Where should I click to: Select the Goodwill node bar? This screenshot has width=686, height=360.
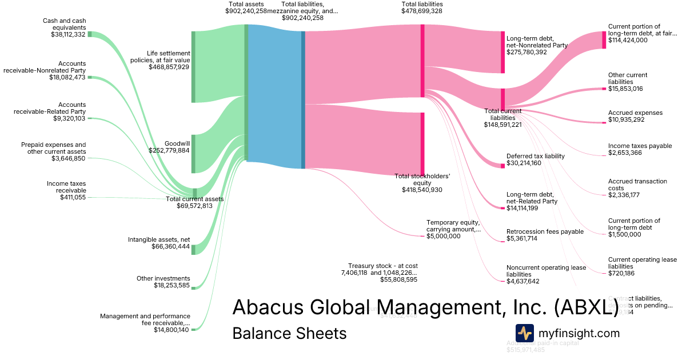coord(193,154)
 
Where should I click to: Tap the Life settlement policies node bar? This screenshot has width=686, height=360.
coord(193,67)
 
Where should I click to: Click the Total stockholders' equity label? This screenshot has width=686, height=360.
coord(422,179)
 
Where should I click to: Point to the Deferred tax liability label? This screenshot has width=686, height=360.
coord(535,156)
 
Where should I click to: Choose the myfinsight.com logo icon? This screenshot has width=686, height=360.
coord(524,333)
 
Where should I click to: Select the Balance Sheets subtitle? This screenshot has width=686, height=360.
coord(289,333)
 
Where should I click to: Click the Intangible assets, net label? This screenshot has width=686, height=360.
coord(159,239)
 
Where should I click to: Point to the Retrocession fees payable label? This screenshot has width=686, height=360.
coord(545,231)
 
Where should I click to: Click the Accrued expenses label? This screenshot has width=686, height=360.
coord(635,113)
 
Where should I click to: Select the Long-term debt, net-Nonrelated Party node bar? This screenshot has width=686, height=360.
coord(502,53)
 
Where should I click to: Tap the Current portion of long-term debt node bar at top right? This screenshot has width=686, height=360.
coord(604,40)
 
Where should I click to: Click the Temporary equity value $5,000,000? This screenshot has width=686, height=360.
coord(444,236)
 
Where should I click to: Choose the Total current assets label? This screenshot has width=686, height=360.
coord(194,199)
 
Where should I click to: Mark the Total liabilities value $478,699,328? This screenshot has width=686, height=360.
coord(422,11)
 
